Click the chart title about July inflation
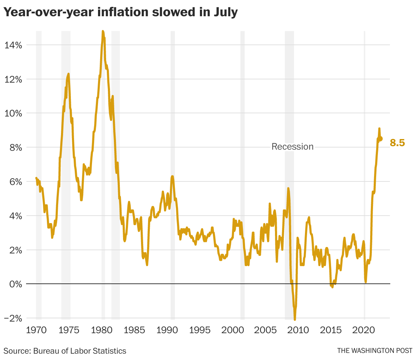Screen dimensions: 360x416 (121, 12)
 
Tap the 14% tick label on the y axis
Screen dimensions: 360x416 (13, 45)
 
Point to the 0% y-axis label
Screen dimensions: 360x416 (15, 284)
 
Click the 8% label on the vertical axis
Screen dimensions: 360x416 (15, 148)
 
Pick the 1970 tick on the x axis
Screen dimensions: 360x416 (36, 330)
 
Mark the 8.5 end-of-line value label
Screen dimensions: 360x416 (397, 143)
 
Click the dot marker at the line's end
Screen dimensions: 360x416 (380, 139)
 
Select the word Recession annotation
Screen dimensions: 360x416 (292, 146)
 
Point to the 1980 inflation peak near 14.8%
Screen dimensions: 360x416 (103, 31)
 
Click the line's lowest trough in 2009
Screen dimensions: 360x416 (295, 319)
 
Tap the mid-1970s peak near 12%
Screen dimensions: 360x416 (68, 74)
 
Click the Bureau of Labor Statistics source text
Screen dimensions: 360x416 (65, 351)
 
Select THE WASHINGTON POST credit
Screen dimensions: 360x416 (374, 351)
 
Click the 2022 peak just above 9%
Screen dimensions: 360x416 (379, 128)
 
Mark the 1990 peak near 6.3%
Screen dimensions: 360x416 (172, 176)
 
